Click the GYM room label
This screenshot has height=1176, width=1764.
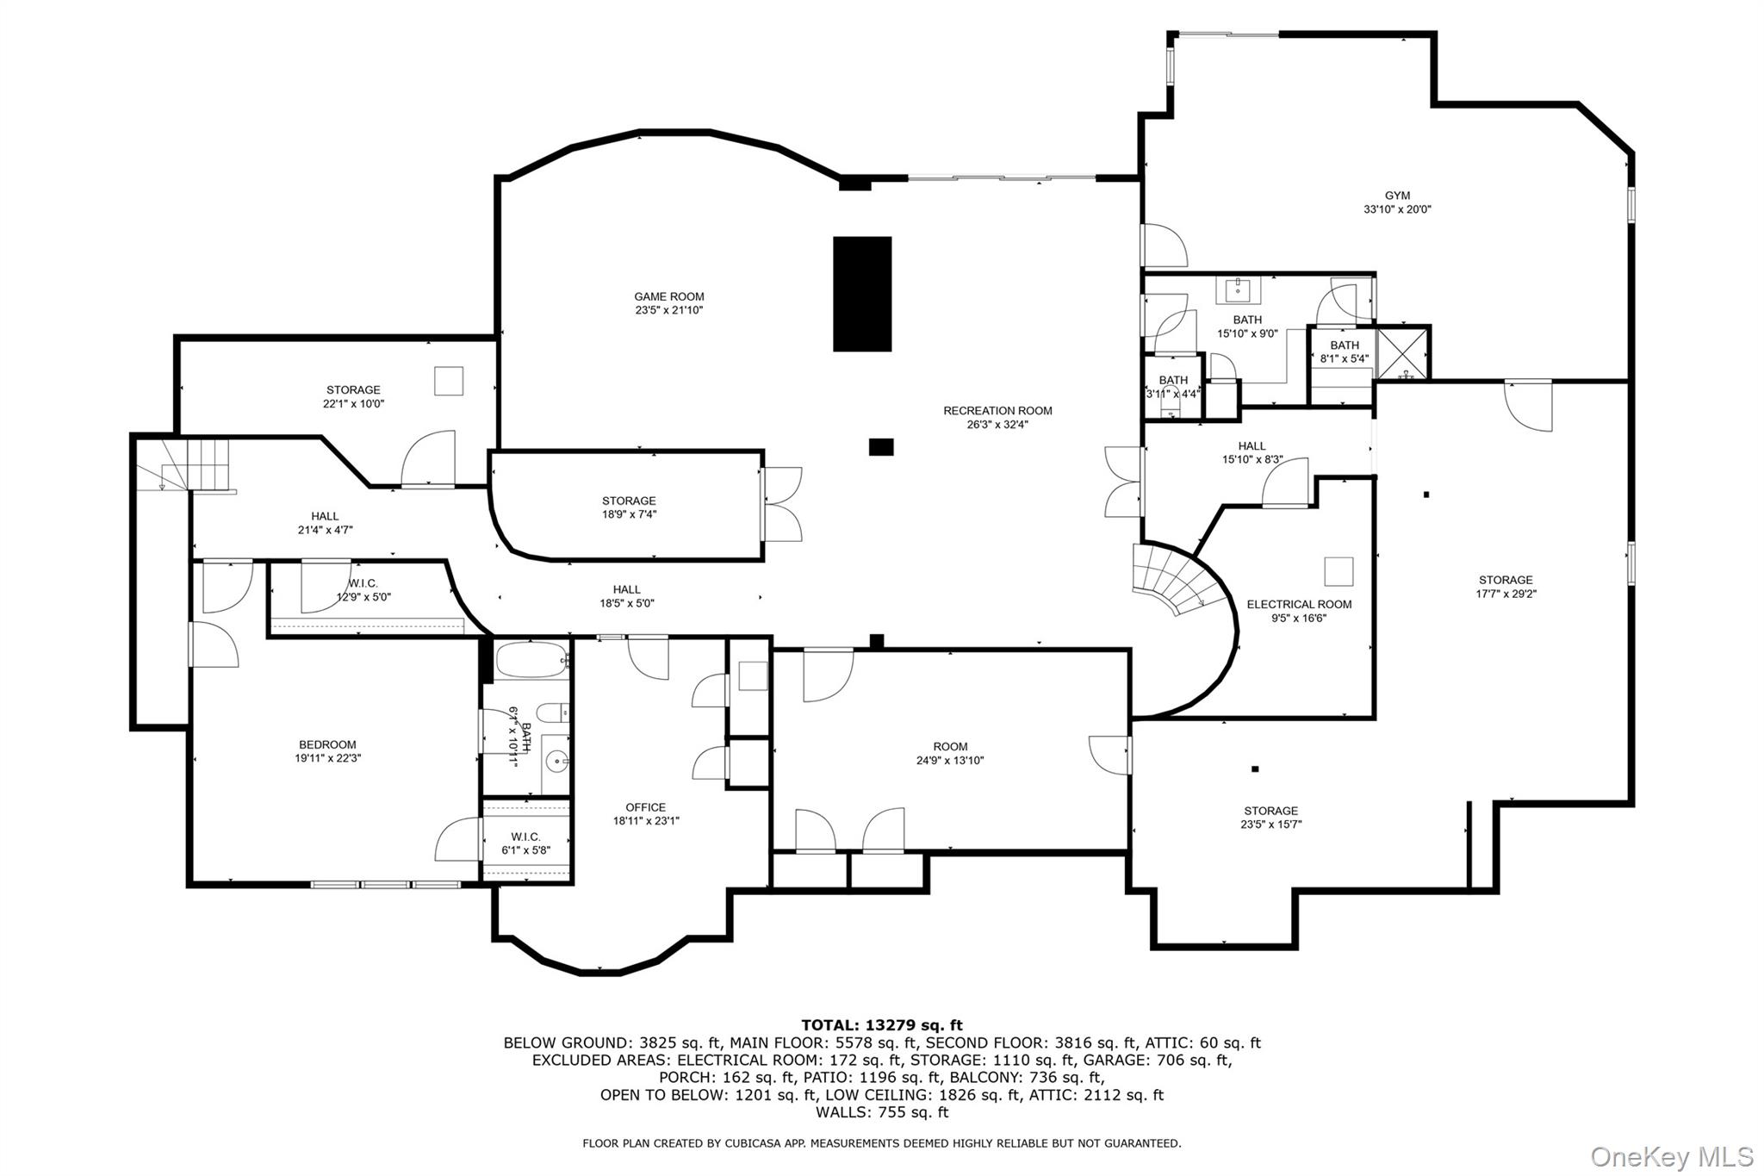pyautogui.click(x=1397, y=196)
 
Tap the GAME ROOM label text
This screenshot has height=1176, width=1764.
pyautogui.click(x=669, y=297)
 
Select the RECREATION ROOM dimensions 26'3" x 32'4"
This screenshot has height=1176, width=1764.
pyautogui.click(x=997, y=425)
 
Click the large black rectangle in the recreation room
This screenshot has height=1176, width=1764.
pyautogui.click(x=861, y=294)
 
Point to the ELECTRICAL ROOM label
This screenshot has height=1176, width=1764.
pyautogui.click(x=1299, y=605)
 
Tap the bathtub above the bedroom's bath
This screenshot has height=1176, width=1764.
pyautogui.click(x=532, y=662)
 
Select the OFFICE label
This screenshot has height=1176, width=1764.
pyautogui.click(x=646, y=808)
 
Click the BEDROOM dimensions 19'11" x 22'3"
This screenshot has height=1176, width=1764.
pyautogui.click(x=327, y=759)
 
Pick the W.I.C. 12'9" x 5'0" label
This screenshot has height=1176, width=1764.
pyautogui.click(x=363, y=590)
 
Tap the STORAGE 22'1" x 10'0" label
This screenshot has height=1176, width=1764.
pyautogui.click(x=353, y=396)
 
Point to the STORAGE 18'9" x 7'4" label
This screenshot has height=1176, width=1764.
pyautogui.click(x=629, y=507)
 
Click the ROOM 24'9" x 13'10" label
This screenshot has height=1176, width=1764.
pyautogui.click(x=950, y=754)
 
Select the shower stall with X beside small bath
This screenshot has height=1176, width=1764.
pyautogui.click(x=1403, y=352)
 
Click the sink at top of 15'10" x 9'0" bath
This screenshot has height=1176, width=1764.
pyautogui.click(x=1239, y=290)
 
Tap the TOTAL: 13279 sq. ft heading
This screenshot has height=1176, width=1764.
pyautogui.click(x=882, y=1025)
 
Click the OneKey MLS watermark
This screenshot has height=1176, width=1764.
pyautogui.click(x=1671, y=1156)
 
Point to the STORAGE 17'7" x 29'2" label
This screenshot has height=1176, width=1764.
pyautogui.click(x=1506, y=587)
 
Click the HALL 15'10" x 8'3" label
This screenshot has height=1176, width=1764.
pyautogui.click(x=1252, y=453)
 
